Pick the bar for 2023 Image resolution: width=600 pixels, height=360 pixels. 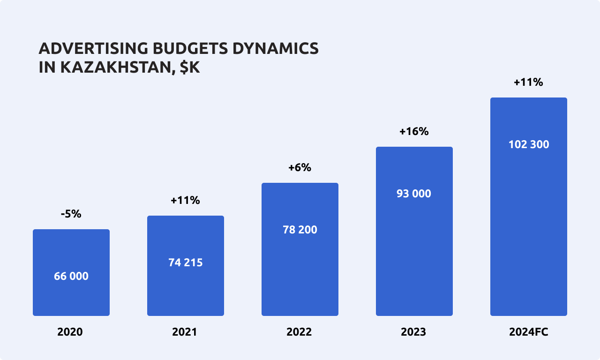[414, 253]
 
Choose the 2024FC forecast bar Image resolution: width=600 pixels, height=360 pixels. [529, 225]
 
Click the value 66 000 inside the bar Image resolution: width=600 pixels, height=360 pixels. [71, 276]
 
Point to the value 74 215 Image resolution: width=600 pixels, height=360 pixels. [186, 262]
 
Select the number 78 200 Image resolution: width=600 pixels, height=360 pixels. [300, 230]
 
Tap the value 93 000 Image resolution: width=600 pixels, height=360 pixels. [414, 194]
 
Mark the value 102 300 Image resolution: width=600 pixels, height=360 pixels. [529, 144]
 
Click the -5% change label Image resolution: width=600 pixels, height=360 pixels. [71, 214]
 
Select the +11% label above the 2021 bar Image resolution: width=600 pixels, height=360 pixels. [185, 200]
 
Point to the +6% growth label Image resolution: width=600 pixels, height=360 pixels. [300, 167]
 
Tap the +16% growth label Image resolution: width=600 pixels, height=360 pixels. [414, 131]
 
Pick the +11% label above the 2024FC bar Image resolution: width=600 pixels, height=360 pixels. [528, 82]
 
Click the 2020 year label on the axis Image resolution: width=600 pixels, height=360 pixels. [70, 332]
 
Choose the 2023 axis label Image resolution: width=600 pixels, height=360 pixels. [413, 332]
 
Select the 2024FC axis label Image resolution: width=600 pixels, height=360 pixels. [529, 332]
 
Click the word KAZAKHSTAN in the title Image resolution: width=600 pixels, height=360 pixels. [115, 67]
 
